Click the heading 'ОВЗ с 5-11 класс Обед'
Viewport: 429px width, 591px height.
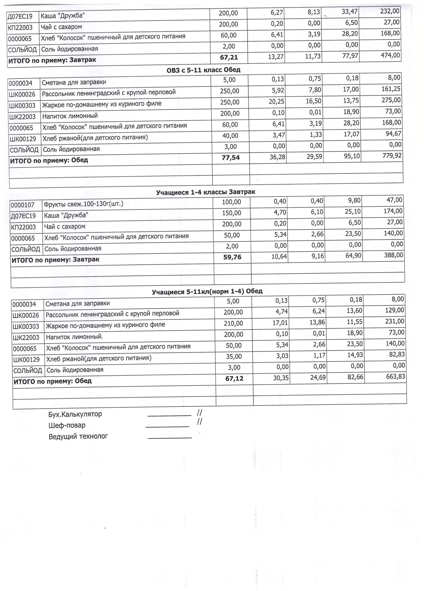(x=203, y=70)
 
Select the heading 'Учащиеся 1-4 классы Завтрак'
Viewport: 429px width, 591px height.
(x=205, y=192)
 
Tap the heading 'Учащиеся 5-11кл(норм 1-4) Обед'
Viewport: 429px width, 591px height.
(x=207, y=292)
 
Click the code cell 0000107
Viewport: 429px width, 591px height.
(x=22, y=205)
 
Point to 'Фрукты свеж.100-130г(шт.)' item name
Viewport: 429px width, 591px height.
(x=83, y=204)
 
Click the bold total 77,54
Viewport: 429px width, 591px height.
(x=230, y=158)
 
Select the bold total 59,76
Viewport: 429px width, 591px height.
(x=232, y=257)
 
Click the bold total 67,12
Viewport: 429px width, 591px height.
(x=234, y=379)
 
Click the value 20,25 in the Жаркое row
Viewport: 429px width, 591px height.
(x=277, y=102)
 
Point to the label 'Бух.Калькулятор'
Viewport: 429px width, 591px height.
(x=75, y=414)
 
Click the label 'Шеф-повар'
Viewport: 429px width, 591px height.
(x=67, y=425)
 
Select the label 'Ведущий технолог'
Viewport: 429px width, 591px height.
(x=78, y=436)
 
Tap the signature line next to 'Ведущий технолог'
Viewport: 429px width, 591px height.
(x=170, y=438)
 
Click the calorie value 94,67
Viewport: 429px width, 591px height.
(x=393, y=134)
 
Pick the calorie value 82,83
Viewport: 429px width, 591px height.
(x=397, y=354)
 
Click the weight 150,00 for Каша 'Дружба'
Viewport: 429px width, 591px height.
(x=232, y=213)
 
